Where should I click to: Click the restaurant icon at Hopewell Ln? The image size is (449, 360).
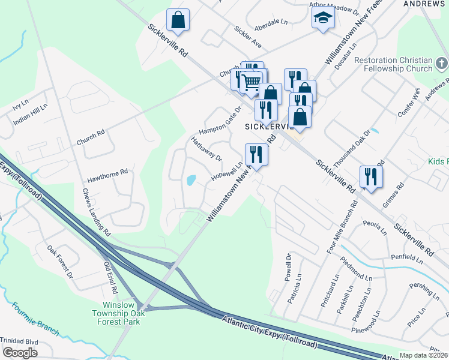click(x=256, y=154)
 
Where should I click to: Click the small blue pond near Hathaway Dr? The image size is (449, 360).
click(x=191, y=179)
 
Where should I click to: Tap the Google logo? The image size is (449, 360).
click(x=20, y=353)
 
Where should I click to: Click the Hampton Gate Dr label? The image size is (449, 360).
click(x=220, y=121)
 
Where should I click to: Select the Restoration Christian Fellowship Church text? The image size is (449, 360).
click(x=393, y=64)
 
